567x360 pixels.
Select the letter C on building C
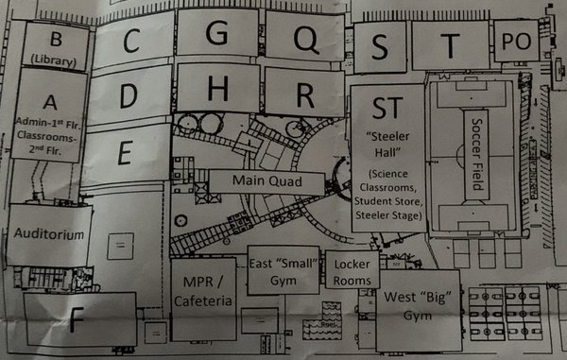pos(131,41)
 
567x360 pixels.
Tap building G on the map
pos(216,34)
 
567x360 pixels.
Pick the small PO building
pos(515,42)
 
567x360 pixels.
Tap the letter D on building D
pos(129,94)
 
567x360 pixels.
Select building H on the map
pos(217,90)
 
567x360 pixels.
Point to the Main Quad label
pos(255,180)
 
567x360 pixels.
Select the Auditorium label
pos(49,234)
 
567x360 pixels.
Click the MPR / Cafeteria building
pos(202,292)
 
